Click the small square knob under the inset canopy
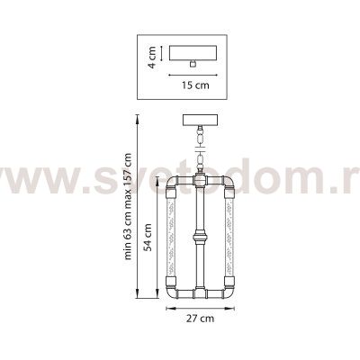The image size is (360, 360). coord(193,65)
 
